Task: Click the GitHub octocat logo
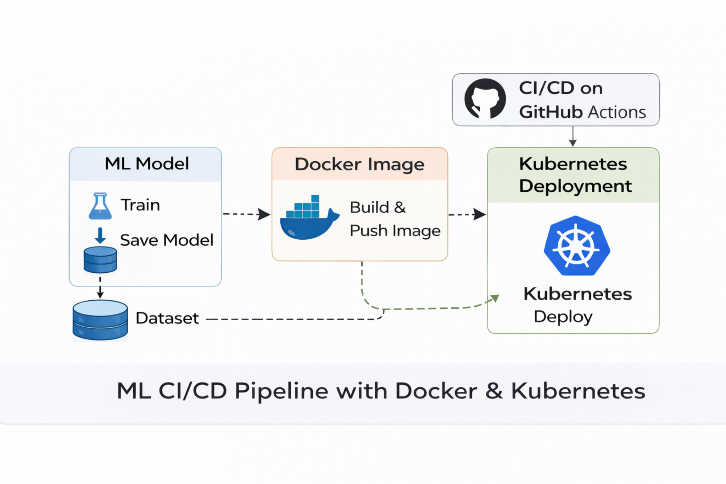(x=485, y=99)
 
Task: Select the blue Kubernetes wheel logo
(x=577, y=246)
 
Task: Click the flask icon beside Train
(x=100, y=206)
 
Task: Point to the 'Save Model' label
(x=167, y=240)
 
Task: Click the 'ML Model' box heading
(x=146, y=164)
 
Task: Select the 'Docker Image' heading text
(x=359, y=164)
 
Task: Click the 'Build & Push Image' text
(x=394, y=219)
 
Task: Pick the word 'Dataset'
(x=167, y=318)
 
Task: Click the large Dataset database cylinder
(x=100, y=320)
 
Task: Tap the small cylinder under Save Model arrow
(x=100, y=260)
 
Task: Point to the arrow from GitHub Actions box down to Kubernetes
(x=573, y=137)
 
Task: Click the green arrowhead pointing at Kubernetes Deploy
(x=494, y=298)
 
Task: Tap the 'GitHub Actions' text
(x=582, y=112)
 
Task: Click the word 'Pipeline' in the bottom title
(x=281, y=391)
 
